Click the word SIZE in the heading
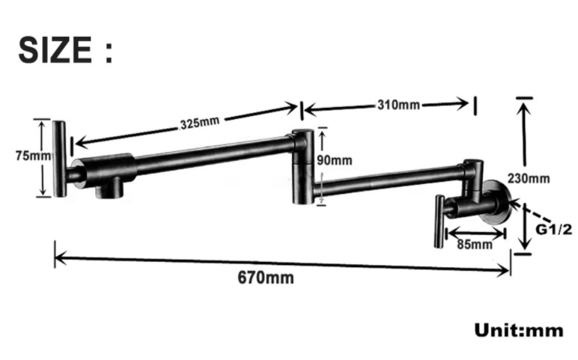click(x=53, y=50)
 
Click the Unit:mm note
click(x=518, y=329)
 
